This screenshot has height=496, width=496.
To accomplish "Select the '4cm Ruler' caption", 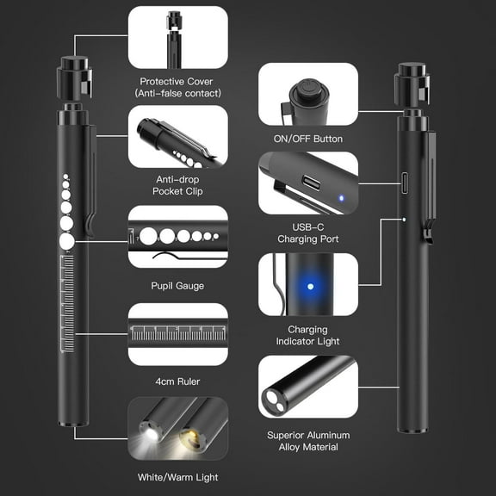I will tap(177, 379).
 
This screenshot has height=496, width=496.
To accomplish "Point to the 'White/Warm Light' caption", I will tap(177, 476).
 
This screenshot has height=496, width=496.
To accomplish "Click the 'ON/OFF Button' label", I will tap(308, 139).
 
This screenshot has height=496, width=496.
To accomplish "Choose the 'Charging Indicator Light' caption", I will tap(308, 336).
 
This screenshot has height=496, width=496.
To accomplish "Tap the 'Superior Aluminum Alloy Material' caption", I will tap(308, 440).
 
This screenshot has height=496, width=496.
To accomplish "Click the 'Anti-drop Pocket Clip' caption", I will tap(177, 184).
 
